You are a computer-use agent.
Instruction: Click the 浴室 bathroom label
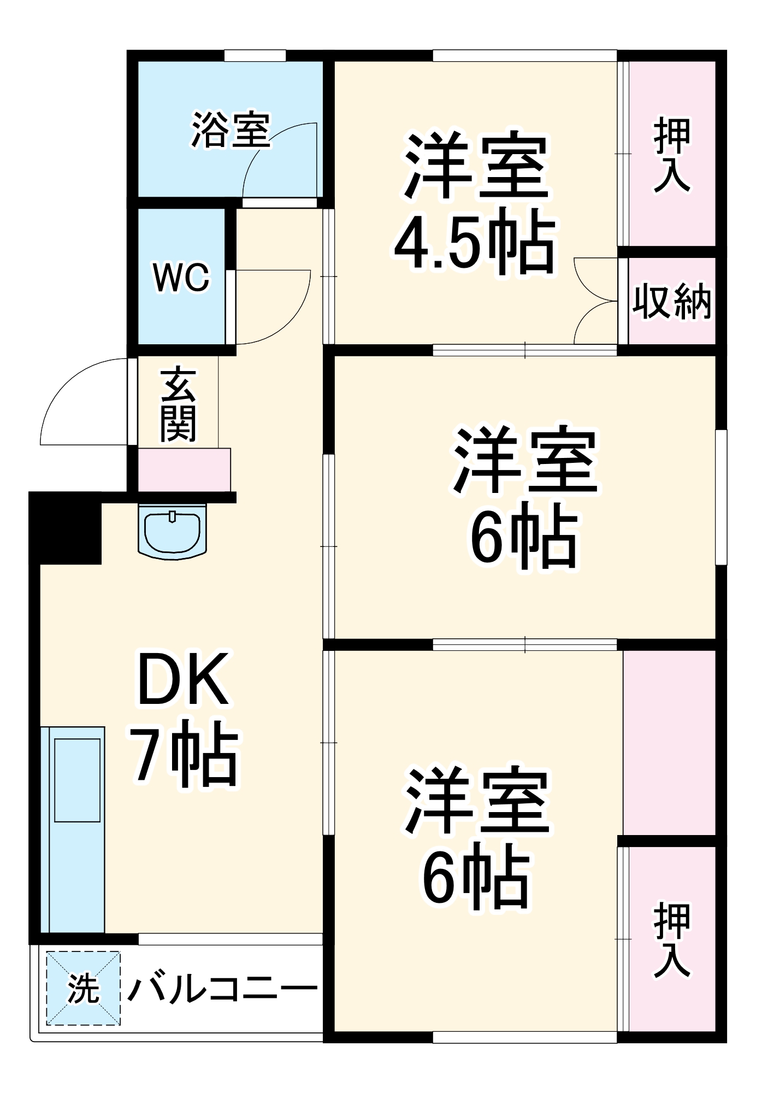[x=231, y=131]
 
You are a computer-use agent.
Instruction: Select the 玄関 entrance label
[x=178, y=404]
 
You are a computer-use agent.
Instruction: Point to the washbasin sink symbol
[x=173, y=530]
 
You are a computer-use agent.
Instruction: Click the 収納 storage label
[x=672, y=302]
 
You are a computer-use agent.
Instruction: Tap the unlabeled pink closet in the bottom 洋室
[x=669, y=743]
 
